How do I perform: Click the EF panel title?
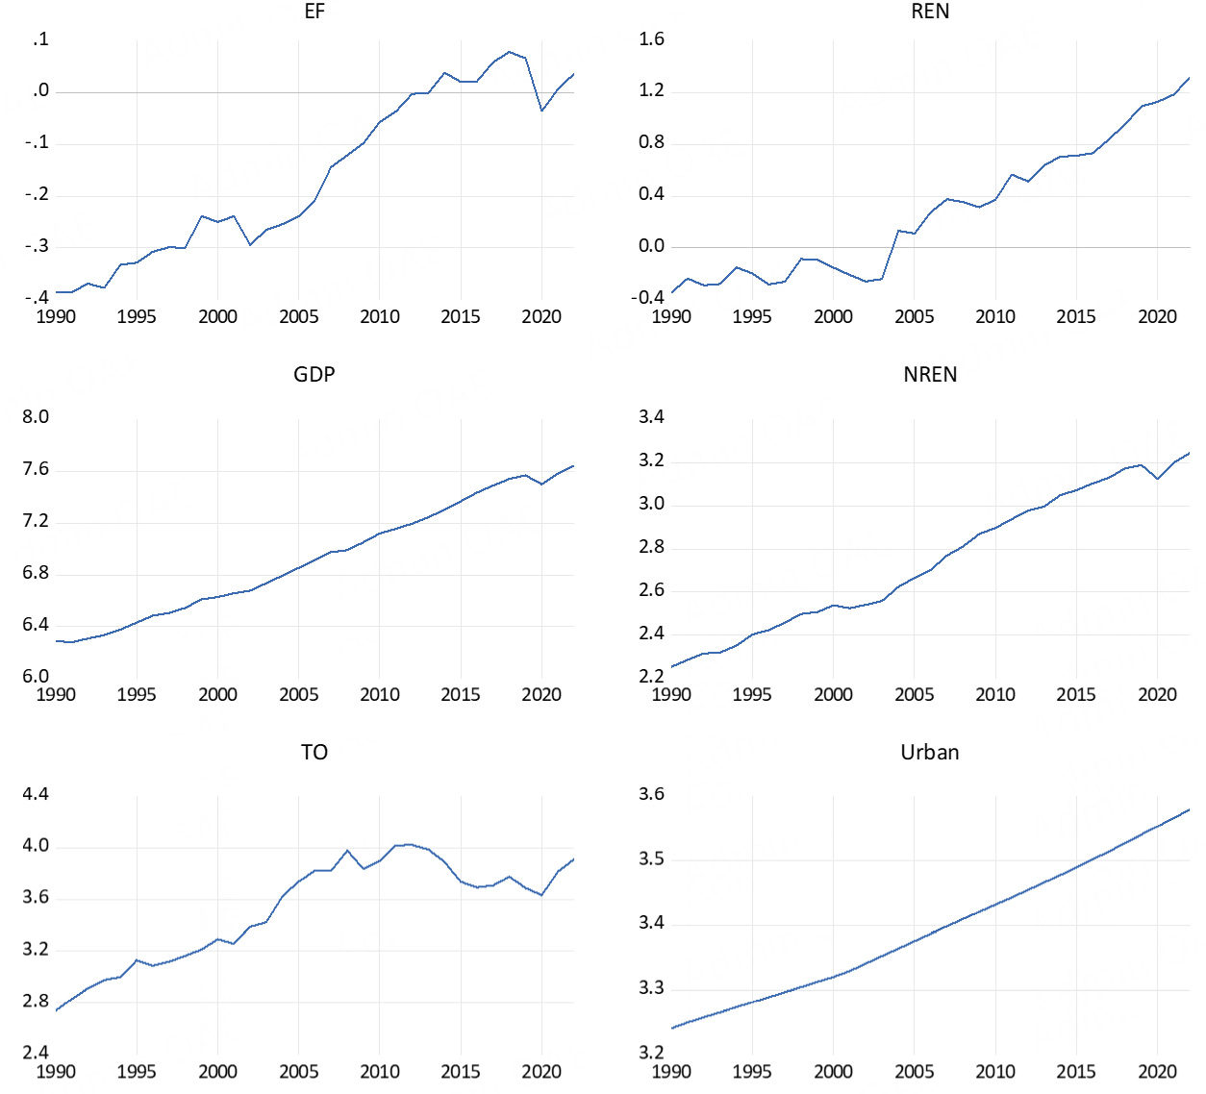click(314, 12)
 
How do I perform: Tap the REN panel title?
click(930, 12)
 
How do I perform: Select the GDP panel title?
click(314, 375)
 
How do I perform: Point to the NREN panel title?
click(930, 375)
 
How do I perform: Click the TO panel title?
click(314, 753)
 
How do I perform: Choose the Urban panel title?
click(930, 753)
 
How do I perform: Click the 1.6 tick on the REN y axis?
click(651, 39)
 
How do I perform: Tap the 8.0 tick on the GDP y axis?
click(36, 417)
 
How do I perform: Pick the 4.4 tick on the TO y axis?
click(36, 794)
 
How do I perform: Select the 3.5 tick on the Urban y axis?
click(651, 858)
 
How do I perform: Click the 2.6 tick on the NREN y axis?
click(651, 590)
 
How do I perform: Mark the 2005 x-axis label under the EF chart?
click(298, 317)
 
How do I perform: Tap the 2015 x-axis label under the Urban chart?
click(1075, 1072)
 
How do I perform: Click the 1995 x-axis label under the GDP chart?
click(137, 695)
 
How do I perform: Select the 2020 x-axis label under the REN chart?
click(1157, 317)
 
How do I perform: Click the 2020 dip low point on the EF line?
click(541, 111)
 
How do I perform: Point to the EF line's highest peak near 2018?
click(510, 52)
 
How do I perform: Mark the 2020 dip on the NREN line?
click(1158, 479)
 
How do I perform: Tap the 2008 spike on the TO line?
click(347, 851)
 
